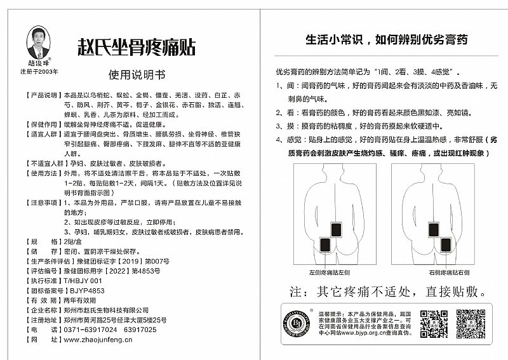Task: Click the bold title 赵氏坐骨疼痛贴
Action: point(136,47)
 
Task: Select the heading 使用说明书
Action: point(137,74)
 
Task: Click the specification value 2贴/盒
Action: point(74,242)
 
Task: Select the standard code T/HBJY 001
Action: point(83,279)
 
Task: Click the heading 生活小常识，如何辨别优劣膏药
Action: point(386,40)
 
